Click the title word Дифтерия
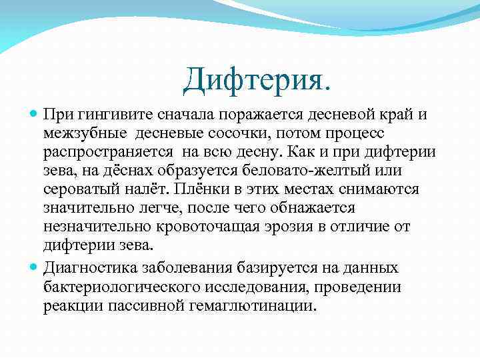[x=256, y=80]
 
